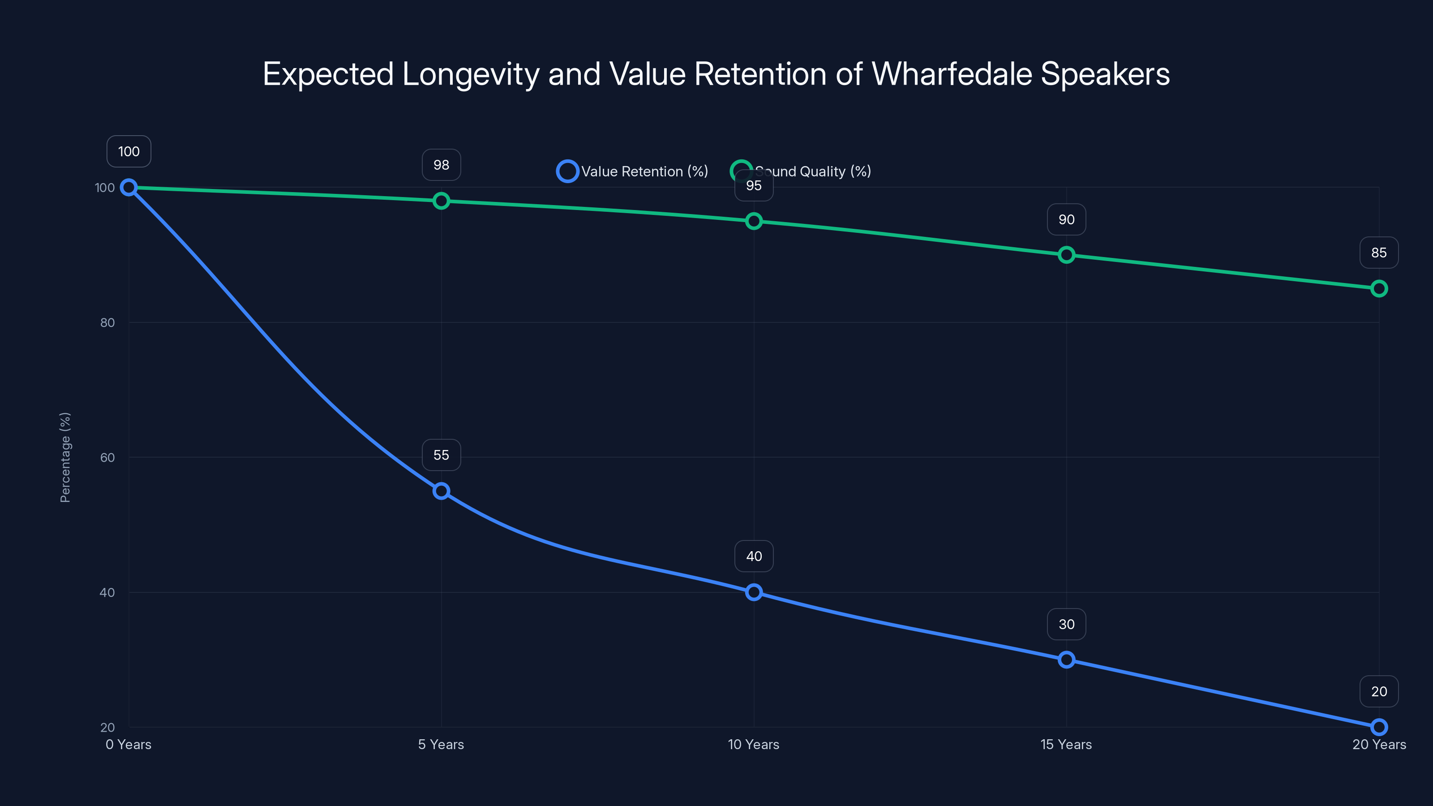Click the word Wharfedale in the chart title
951,74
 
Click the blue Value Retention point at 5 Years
441,491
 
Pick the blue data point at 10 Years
754,592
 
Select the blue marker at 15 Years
1066,660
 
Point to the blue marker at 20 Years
1378,727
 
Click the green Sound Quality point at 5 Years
441,201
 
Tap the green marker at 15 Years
1066,255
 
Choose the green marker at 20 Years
1378,289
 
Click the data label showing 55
441,455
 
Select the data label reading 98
441,165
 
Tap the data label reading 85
1378,253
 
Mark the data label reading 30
1066,624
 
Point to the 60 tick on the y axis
107,457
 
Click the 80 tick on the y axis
107,322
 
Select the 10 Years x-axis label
753,744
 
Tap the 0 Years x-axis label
129,744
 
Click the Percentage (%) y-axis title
65,457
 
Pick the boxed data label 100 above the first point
129,151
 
